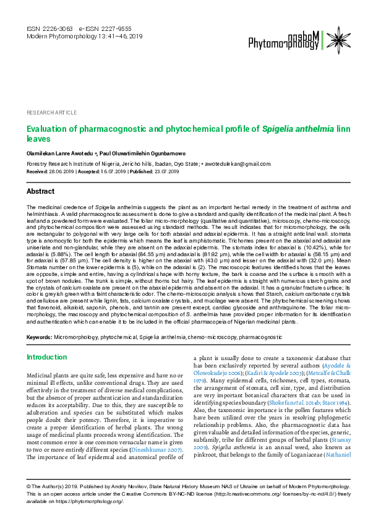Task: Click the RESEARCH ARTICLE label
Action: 52,113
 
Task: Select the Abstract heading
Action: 41,192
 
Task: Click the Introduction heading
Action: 46,357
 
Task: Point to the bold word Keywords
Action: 38,337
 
